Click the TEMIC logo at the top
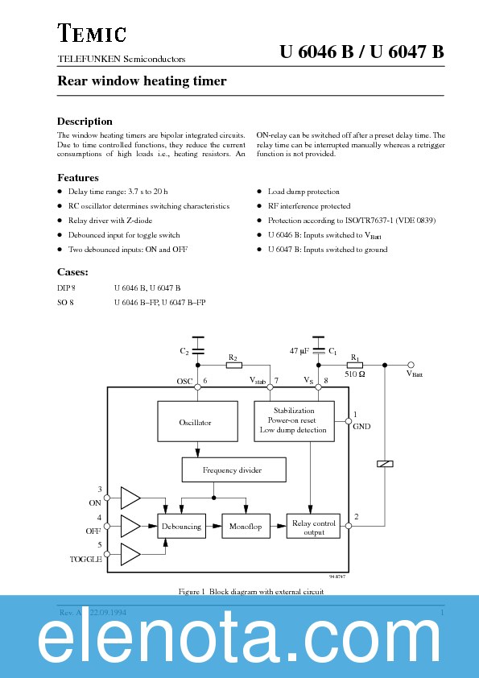(92, 33)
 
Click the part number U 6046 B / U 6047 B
(362, 52)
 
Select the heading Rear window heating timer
(142, 81)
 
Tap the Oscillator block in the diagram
(196, 421)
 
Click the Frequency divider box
(232, 469)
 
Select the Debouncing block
(180, 526)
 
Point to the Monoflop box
(246, 526)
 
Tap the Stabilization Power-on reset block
(293, 420)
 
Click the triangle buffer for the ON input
(129, 498)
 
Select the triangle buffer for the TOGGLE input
(129, 553)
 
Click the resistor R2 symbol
(233, 365)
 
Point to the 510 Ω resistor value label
(356, 374)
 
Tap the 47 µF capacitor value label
(298, 352)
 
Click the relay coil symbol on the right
(385, 463)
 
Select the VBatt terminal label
(415, 374)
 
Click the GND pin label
(361, 427)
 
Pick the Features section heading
(78, 177)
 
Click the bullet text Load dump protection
(304, 192)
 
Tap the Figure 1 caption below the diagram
(250, 591)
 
